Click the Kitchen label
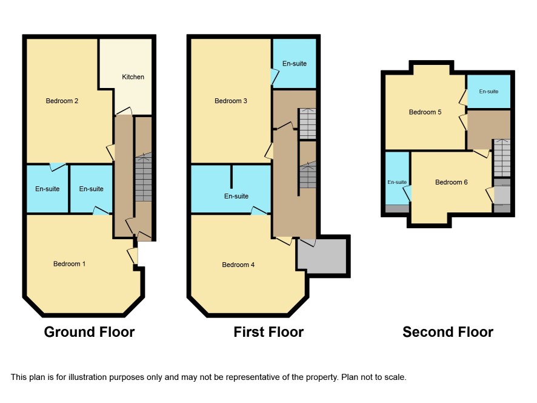click(133, 77)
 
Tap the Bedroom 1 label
click(69, 264)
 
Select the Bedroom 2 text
click(62, 101)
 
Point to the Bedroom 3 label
click(230, 101)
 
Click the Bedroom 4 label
click(238, 265)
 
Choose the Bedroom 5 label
click(425, 112)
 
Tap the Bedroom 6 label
click(451, 182)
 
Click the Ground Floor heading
click(89, 332)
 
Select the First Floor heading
click(268, 332)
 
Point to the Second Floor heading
click(448, 332)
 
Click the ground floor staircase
click(143, 177)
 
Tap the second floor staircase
click(502, 158)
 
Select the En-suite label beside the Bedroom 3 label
click(294, 64)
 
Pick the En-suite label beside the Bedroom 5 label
click(489, 91)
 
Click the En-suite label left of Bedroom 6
click(397, 182)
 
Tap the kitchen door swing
click(124, 111)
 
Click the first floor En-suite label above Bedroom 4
click(236, 196)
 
